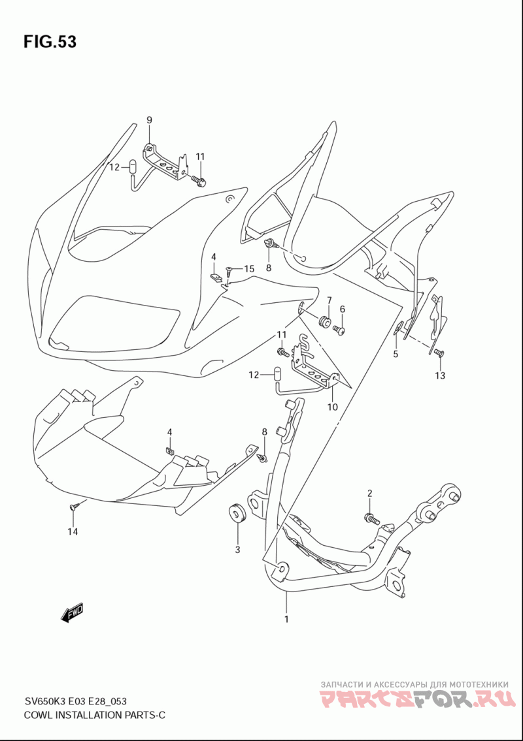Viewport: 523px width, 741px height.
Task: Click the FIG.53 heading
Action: tap(50, 42)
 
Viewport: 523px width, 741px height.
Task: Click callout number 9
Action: tap(149, 120)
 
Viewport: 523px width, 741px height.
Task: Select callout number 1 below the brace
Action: tap(286, 619)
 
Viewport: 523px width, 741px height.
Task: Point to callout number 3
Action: tap(237, 549)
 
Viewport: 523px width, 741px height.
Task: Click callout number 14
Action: tap(72, 531)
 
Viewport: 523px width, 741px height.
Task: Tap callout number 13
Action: tap(440, 375)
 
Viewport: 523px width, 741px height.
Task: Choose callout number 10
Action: tap(332, 407)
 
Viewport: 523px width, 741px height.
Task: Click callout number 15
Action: tap(249, 269)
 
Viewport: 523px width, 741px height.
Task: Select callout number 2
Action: tap(369, 494)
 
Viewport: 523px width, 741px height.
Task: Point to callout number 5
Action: tap(396, 354)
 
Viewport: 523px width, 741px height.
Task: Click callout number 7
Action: tap(329, 300)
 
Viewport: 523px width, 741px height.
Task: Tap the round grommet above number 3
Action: tap(237, 514)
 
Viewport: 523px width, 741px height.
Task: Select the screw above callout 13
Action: tap(439, 353)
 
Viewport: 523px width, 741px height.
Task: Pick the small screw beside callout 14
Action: tap(73, 507)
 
